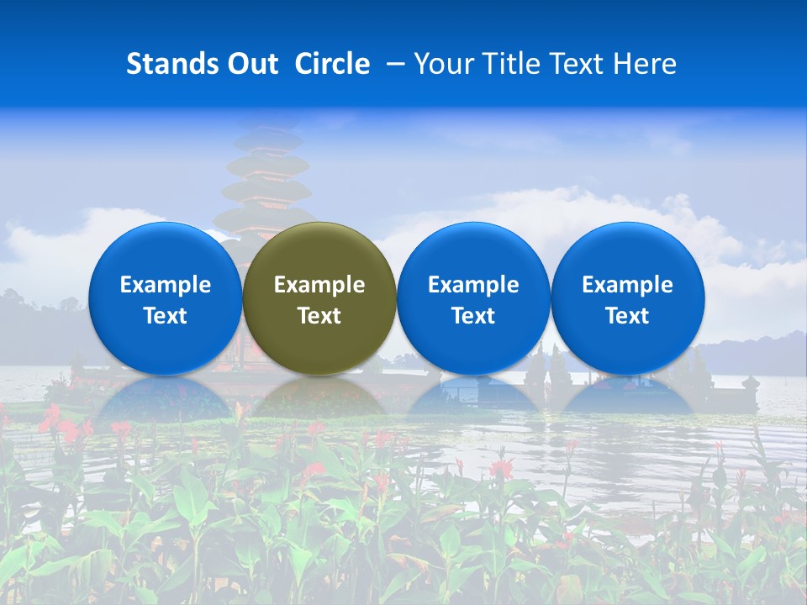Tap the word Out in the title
[250, 64]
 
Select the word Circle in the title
[332, 64]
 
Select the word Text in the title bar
[572, 64]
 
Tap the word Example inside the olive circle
[319, 285]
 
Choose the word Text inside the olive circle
[319, 316]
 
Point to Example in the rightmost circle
[627, 285]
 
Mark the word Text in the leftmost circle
[165, 316]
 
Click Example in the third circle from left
[473, 285]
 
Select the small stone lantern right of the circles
[751, 388]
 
